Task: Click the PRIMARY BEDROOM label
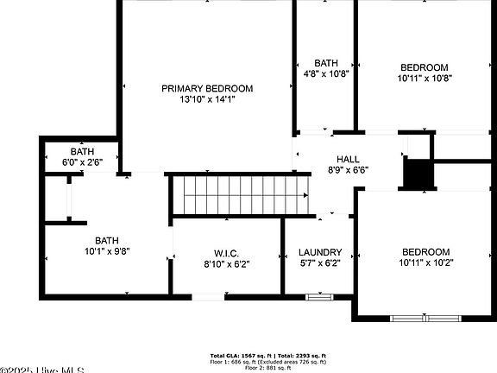(x=207, y=88)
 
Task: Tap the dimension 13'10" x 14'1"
(x=207, y=99)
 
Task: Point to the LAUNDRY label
(x=320, y=253)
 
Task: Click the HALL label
(x=348, y=159)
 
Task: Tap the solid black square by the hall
(x=418, y=174)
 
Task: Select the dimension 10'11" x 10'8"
(x=425, y=78)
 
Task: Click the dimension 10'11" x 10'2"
(x=425, y=262)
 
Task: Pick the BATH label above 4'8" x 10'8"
(x=326, y=63)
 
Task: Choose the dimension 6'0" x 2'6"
(x=83, y=162)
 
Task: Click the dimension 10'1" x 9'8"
(x=107, y=252)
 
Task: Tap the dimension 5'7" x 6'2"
(x=320, y=263)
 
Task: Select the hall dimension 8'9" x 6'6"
(x=348, y=170)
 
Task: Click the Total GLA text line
(x=268, y=356)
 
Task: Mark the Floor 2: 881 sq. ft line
(x=268, y=368)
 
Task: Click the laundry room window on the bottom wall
(x=319, y=297)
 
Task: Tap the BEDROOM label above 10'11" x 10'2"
(x=425, y=252)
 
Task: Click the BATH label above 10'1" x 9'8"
(x=107, y=241)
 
